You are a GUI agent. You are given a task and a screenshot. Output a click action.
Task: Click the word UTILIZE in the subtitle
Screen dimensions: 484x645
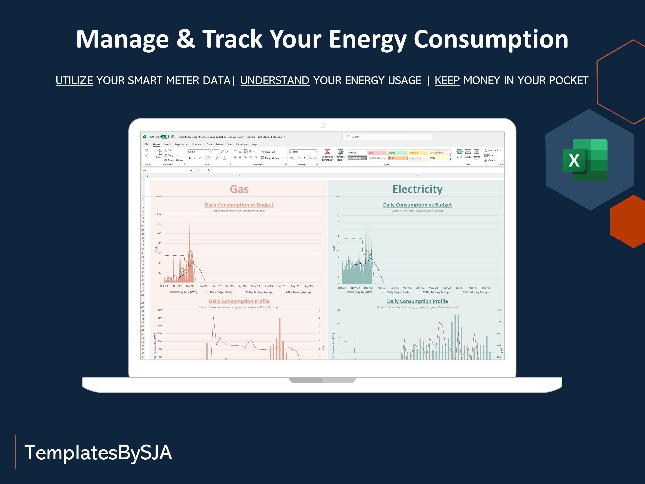[x=74, y=80]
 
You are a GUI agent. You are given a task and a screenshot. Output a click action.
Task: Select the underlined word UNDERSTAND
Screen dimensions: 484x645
[x=275, y=80]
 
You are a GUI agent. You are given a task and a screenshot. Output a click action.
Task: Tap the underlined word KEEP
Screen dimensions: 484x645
[x=447, y=80]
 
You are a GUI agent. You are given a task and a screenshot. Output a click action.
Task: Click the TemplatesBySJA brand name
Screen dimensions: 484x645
[x=98, y=452]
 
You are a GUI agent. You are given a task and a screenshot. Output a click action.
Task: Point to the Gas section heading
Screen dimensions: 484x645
[x=239, y=189]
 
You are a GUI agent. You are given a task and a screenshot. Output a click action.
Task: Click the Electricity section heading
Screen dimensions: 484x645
[x=417, y=189]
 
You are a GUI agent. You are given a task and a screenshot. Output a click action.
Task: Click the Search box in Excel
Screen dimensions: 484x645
[x=387, y=137]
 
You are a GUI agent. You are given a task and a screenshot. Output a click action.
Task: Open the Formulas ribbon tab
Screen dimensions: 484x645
[x=197, y=144]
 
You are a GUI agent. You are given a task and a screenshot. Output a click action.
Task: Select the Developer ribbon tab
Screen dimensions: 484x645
[x=242, y=144]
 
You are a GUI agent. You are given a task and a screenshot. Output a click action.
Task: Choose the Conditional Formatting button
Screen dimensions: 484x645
[x=328, y=155]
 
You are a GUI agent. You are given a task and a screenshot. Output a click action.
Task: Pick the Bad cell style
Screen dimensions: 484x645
[x=377, y=152]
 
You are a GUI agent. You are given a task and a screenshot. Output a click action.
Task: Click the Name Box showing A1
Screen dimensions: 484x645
[x=166, y=170]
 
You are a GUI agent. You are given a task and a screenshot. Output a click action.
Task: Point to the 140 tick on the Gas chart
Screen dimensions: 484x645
[x=159, y=214]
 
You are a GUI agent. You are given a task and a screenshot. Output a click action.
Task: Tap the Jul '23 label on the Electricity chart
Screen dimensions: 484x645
[x=460, y=288]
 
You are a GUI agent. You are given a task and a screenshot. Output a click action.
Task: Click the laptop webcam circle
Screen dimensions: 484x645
[x=322, y=125]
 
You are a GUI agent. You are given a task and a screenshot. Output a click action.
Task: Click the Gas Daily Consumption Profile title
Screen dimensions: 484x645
[x=239, y=301]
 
